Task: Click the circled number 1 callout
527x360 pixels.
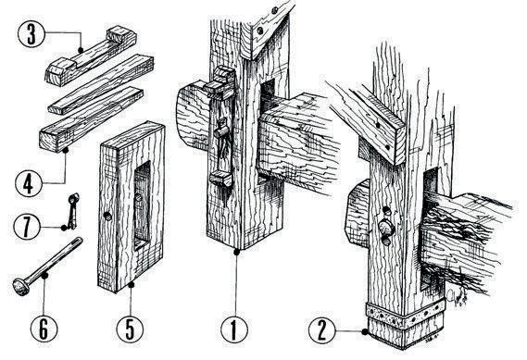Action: (x=234, y=329)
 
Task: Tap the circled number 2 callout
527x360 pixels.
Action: (x=322, y=330)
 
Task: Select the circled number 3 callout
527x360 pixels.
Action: (x=31, y=33)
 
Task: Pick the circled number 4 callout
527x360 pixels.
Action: (x=29, y=183)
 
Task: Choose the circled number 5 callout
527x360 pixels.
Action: (x=130, y=329)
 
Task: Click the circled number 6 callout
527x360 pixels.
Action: (x=44, y=329)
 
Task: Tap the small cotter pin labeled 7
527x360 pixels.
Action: (x=73, y=211)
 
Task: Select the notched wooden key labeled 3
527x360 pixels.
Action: (x=91, y=56)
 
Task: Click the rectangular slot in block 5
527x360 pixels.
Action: (x=143, y=205)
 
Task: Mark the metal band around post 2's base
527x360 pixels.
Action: (x=406, y=316)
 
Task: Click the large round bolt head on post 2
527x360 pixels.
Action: (x=386, y=227)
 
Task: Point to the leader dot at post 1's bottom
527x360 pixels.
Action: (x=237, y=252)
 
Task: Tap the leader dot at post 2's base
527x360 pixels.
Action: (x=365, y=332)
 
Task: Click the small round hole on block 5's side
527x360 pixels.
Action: (x=107, y=217)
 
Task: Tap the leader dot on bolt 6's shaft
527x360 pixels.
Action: (x=44, y=276)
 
